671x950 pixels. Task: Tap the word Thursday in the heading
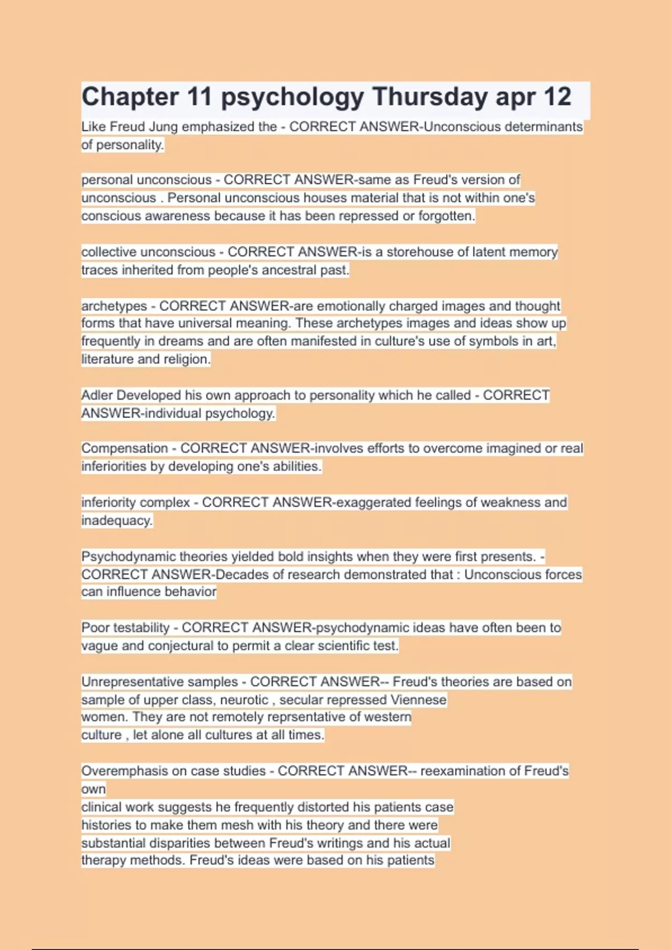pos(430,97)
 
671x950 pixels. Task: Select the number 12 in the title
pos(557,97)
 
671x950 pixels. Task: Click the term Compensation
pos(124,449)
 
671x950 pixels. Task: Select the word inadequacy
pos(117,520)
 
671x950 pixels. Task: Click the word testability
pos(141,628)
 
